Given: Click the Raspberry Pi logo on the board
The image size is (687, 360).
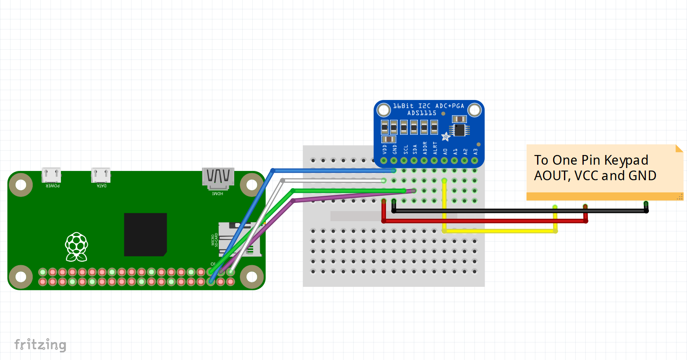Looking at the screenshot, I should pos(76,246).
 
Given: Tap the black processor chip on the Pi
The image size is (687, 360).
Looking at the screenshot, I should pos(145,234).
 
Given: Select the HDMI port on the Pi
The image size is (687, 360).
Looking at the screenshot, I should pos(218,178).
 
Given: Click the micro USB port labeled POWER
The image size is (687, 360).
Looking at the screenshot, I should pos(51,175).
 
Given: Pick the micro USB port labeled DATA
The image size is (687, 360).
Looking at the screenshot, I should pos(101,175).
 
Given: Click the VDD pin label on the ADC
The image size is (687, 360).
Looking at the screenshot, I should pos(384,149).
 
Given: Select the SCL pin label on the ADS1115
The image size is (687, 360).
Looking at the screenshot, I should pos(405,149).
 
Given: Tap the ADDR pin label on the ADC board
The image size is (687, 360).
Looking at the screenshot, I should pos(425,148).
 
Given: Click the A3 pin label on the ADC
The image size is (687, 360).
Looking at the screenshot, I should pos(475,151).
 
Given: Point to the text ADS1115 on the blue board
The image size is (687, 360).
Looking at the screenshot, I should pos(422,113).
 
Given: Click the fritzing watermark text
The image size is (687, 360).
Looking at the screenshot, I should pos(40,344).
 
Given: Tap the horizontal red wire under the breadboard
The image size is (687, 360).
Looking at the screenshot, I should pos(483,221).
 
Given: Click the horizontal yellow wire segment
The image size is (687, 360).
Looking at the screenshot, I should pos(500,231).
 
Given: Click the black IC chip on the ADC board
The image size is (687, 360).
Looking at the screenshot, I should pos(459,130).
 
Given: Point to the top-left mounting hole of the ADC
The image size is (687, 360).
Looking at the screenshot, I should pos(383,110).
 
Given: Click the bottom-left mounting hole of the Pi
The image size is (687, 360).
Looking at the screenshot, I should pos(20,277).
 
